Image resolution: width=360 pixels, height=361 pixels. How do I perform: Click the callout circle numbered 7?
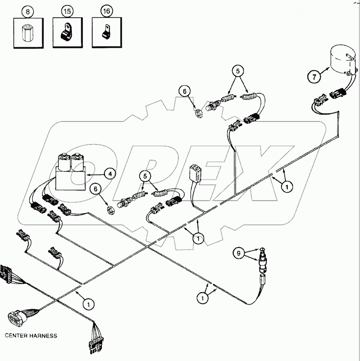click(313, 77)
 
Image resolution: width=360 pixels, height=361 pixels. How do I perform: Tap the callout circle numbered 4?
click(109, 173)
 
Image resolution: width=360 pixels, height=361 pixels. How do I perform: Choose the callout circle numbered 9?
click(239, 253)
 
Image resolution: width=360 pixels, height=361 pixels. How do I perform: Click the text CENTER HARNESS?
click(31, 336)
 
